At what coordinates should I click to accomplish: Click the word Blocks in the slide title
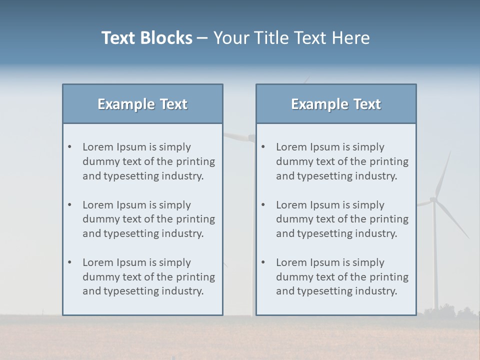pos(167,38)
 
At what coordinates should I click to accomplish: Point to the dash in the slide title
pos(202,38)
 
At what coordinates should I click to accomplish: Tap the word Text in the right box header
pos(367,104)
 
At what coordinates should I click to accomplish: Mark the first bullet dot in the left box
pos(70,147)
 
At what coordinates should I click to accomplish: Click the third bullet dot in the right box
pos(263,262)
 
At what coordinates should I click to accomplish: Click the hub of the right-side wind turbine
pos(433,199)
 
